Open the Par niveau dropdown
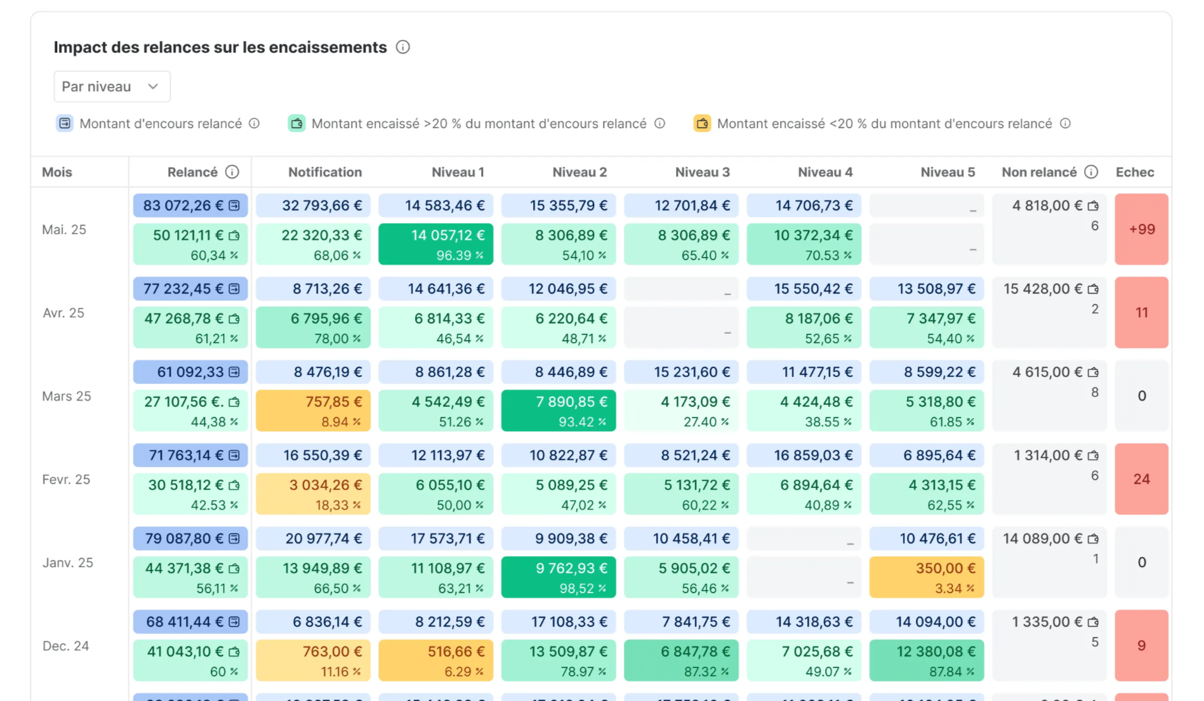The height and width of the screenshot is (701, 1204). [x=112, y=86]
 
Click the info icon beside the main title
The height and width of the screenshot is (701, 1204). [x=402, y=47]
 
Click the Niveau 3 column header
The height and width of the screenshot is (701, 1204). [x=702, y=172]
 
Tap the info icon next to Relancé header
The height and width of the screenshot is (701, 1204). [x=232, y=172]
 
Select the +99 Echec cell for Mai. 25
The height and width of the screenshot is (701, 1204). [x=1141, y=229]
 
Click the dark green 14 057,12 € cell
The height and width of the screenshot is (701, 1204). [x=435, y=244]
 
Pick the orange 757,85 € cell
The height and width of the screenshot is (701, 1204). [x=313, y=410]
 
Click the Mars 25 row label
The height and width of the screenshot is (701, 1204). [x=67, y=396]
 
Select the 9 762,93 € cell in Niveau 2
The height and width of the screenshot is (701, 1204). [x=558, y=577]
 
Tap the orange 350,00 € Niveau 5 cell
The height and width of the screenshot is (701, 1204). [x=926, y=577]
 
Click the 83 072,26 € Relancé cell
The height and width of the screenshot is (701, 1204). [x=190, y=206]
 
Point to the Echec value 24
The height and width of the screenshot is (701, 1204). [x=1141, y=479]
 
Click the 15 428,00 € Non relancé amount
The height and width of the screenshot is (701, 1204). [x=1043, y=289]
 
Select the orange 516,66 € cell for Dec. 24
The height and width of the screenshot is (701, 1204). [x=435, y=660]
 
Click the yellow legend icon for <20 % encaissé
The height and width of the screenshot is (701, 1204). [x=702, y=123]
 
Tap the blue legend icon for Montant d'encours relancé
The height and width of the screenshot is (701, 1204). [x=65, y=123]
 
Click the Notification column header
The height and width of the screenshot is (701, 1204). [x=324, y=172]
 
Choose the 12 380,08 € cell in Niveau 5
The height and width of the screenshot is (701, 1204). [x=926, y=660]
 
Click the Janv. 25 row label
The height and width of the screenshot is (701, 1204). [x=67, y=563]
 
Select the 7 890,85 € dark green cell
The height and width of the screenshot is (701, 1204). [x=558, y=410]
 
